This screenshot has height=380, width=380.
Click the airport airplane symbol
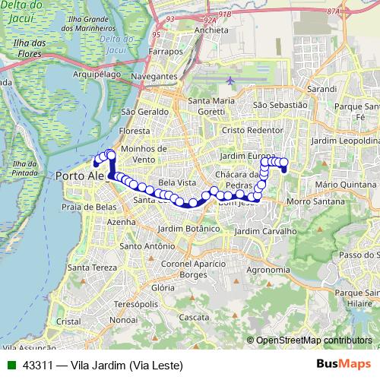[230, 79]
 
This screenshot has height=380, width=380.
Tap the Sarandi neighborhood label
[322, 89]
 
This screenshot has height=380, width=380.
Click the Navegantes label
[154, 77]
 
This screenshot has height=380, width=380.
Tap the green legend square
[10, 365]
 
